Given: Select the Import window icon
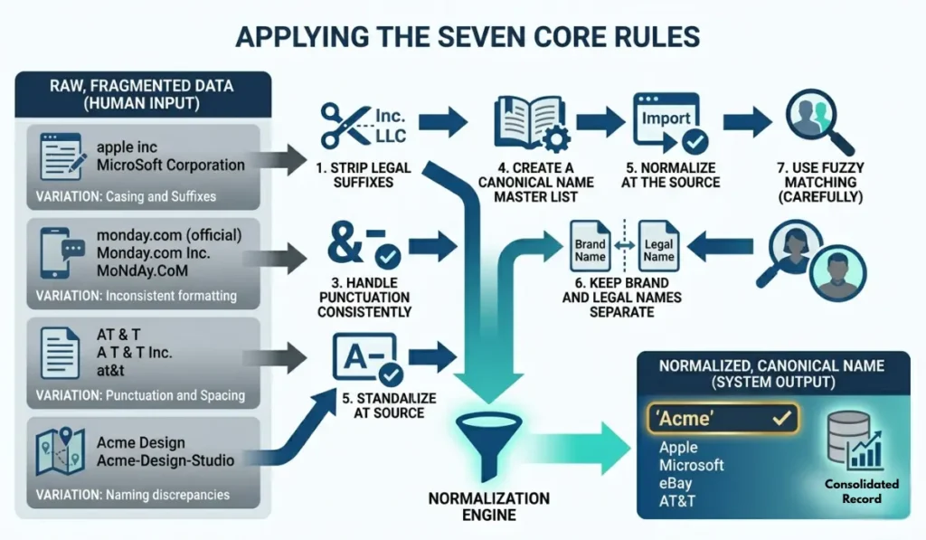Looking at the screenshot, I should click(x=667, y=121).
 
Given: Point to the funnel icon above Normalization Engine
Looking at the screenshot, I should click(x=487, y=444).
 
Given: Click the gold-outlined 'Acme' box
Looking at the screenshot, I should click(x=723, y=418).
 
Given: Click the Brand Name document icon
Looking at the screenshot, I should click(x=590, y=246).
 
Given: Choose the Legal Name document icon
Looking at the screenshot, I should click(x=658, y=246).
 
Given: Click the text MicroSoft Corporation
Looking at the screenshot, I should click(x=170, y=165).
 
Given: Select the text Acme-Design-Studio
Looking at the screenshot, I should click(x=165, y=460).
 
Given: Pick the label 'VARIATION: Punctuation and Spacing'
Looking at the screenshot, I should click(x=140, y=395).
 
